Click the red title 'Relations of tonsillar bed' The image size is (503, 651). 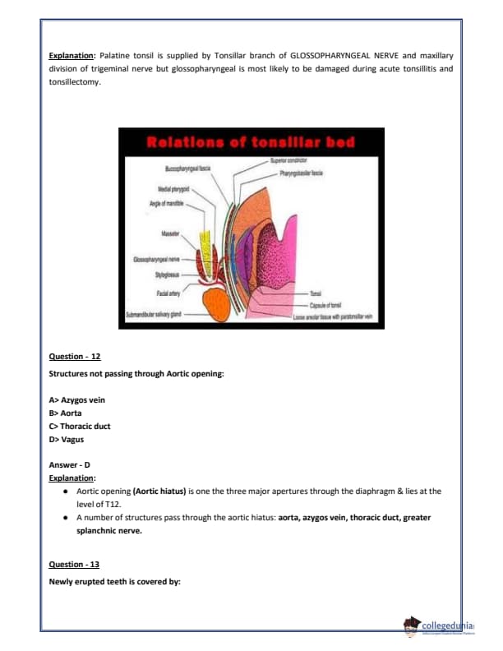(x=250, y=142)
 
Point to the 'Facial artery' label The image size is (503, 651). (x=168, y=292)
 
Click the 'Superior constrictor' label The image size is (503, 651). (x=288, y=160)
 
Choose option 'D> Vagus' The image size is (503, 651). (x=67, y=440)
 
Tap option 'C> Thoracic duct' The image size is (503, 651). (x=81, y=427)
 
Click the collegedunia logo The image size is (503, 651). (x=444, y=626)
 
